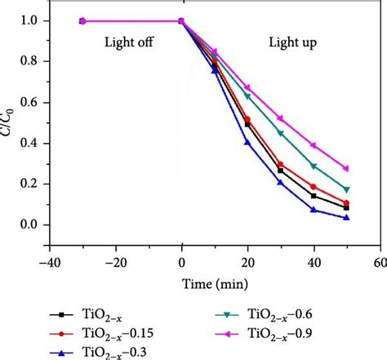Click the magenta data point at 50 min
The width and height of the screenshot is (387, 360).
(x=347, y=169)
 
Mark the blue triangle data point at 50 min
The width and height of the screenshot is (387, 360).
(x=347, y=218)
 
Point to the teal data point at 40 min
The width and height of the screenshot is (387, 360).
(x=314, y=166)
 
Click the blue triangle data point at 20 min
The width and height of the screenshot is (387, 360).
(x=247, y=143)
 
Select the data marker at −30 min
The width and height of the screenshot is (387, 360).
(x=82, y=21)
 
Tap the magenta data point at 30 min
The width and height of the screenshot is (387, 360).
(x=281, y=118)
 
